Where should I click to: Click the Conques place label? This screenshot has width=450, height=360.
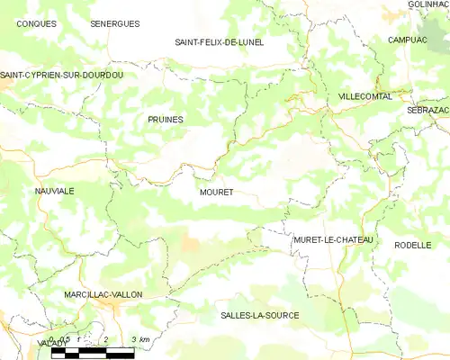coord(37,23)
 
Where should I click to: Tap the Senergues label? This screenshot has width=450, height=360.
coord(115,23)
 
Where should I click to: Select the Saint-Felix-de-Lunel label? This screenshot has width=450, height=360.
coord(220,42)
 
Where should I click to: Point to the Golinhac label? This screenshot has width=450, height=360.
coord(428,4)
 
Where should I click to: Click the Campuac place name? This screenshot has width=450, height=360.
coord(408,40)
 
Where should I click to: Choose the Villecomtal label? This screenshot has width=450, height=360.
coord(365,95)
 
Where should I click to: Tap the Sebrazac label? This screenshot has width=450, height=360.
coord(427,109)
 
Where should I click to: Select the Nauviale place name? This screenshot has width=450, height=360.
coord(54,192)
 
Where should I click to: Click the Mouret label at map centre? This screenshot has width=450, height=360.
coord(216,193)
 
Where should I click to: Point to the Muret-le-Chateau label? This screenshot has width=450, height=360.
coord(333,240)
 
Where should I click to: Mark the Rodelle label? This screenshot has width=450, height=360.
coord(413,244)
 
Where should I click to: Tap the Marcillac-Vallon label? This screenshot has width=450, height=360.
coord(103,294)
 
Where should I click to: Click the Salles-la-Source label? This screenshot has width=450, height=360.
coord(260,315)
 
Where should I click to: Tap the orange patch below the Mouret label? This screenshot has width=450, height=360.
coord(190,243)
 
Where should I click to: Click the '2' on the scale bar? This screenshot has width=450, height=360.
coord(106,338)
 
